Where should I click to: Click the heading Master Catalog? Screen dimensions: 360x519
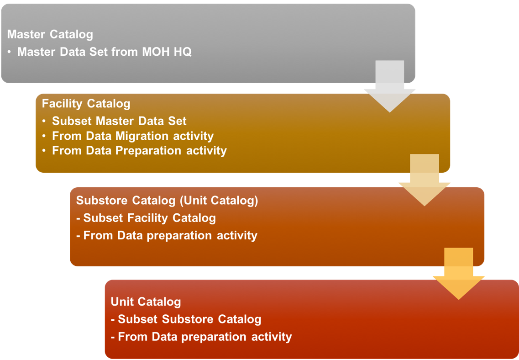(x=50, y=34)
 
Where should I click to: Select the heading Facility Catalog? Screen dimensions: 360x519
(x=86, y=104)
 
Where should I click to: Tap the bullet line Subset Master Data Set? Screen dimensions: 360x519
(x=119, y=121)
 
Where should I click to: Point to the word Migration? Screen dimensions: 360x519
(x=144, y=136)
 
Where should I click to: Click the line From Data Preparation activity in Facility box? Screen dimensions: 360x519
(x=139, y=150)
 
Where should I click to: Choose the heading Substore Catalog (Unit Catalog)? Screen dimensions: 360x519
(x=167, y=201)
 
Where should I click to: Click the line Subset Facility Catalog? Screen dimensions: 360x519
(x=149, y=218)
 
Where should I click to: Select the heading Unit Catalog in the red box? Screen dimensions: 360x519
(x=146, y=302)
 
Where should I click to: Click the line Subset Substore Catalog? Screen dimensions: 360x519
(x=189, y=319)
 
